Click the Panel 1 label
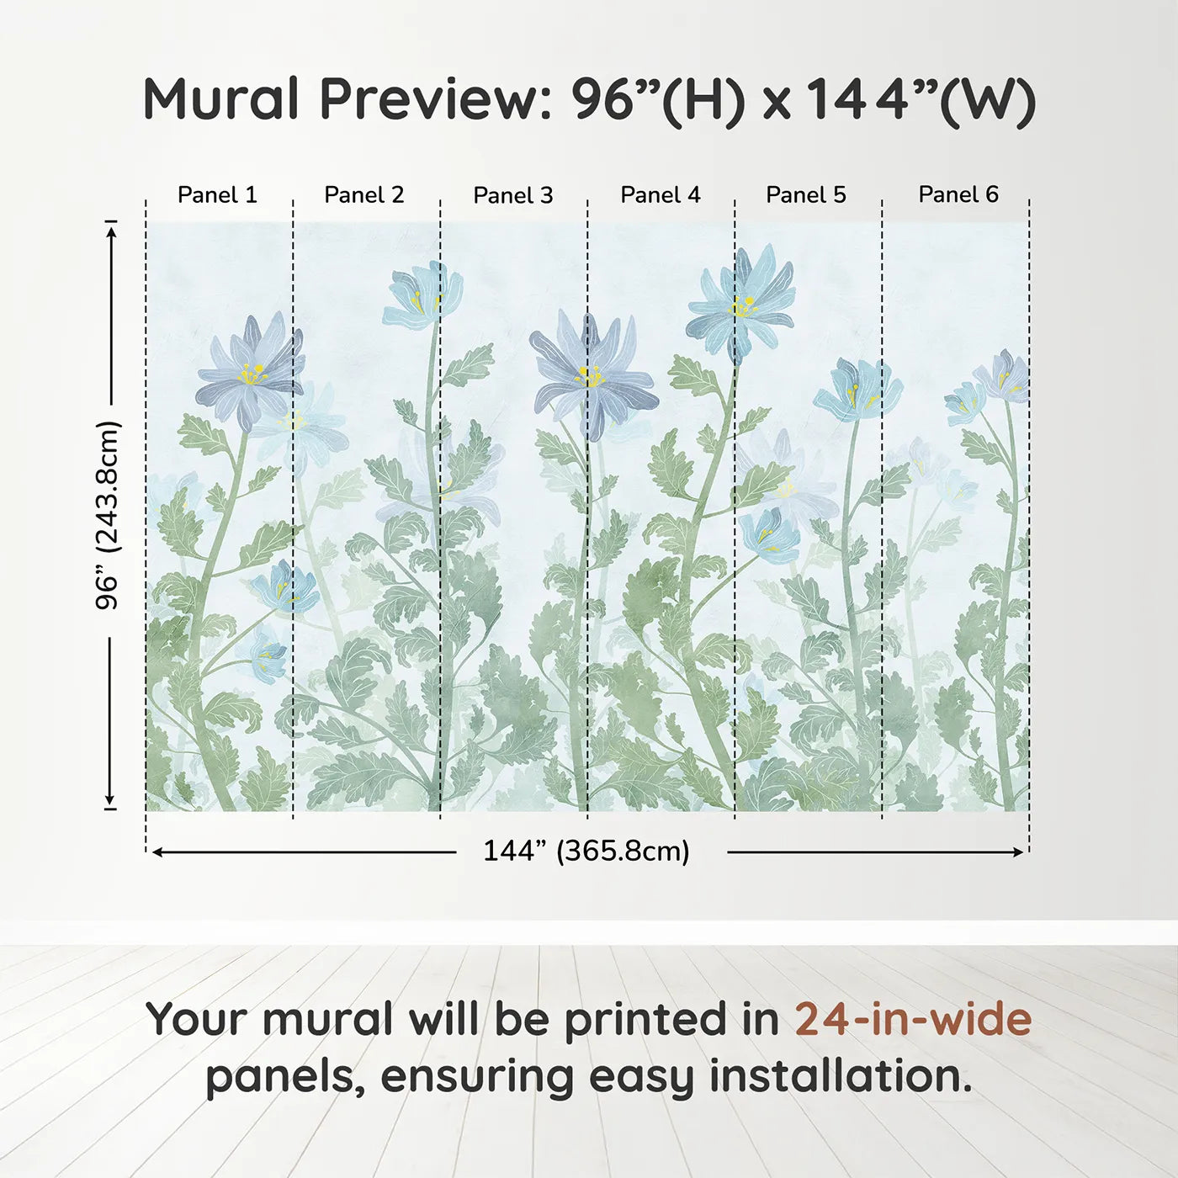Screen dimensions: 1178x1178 point(217,194)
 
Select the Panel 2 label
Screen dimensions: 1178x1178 point(363,194)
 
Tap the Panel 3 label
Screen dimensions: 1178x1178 point(512,195)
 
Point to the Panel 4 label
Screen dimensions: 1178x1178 point(660,194)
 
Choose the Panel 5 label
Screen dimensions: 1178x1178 point(805,194)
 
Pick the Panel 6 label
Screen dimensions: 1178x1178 point(958,194)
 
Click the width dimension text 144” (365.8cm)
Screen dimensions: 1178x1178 point(586,851)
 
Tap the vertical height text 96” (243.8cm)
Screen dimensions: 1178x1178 point(108,515)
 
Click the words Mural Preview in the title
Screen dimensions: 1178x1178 point(345,99)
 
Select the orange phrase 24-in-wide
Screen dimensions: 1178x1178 point(913,1019)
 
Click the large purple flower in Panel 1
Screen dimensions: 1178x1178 point(249,372)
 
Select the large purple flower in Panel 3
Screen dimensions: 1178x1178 point(592,374)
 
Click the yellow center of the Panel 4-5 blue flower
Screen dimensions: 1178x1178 point(742,307)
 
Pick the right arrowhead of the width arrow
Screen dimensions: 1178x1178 point(1019,852)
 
